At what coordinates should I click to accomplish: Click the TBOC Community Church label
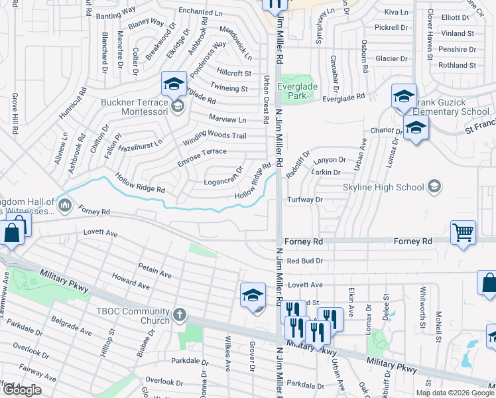pyautogui.click(x=132, y=316)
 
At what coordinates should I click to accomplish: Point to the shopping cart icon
pyautogui.click(x=463, y=233)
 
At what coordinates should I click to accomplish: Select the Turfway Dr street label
pyautogui.click(x=305, y=200)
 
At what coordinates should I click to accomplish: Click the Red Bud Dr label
pyautogui.click(x=305, y=261)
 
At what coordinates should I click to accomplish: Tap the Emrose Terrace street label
pyautogui.click(x=202, y=153)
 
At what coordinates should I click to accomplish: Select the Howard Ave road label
pyautogui.click(x=132, y=283)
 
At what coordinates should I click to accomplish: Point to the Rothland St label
pyautogui.click(x=457, y=65)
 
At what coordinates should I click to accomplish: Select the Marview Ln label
pyautogui.click(x=227, y=120)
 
